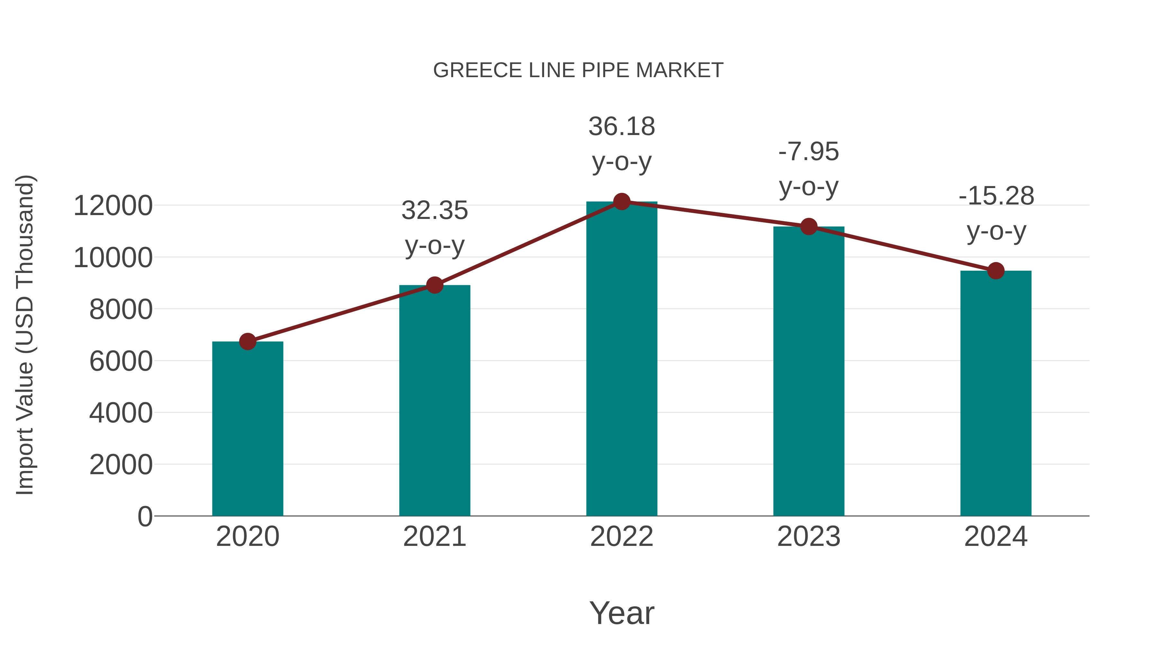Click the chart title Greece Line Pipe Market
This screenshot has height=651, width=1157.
(578, 70)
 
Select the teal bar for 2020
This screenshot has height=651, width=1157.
(247, 429)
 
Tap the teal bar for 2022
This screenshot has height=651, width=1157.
(622, 359)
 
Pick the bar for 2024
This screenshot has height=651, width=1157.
(996, 393)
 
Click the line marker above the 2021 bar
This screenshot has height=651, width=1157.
(434, 285)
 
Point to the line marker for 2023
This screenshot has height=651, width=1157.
(809, 226)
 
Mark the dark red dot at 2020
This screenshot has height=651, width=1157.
(247, 341)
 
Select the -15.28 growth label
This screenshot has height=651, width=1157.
(996, 213)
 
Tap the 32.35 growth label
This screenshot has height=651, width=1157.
(434, 228)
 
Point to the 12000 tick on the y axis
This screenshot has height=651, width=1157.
(113, 206)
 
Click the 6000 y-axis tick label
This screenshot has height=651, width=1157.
(121, 361)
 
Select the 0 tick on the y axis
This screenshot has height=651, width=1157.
(145, 516)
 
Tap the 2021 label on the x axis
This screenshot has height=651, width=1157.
(434, 537)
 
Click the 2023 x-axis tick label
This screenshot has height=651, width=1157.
(809, 537)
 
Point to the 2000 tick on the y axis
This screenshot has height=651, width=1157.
(121, 465)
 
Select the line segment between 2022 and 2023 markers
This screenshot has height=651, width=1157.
(715, 214)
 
